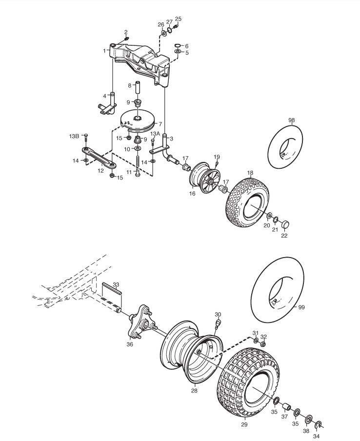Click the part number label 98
292,120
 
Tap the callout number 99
301,307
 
